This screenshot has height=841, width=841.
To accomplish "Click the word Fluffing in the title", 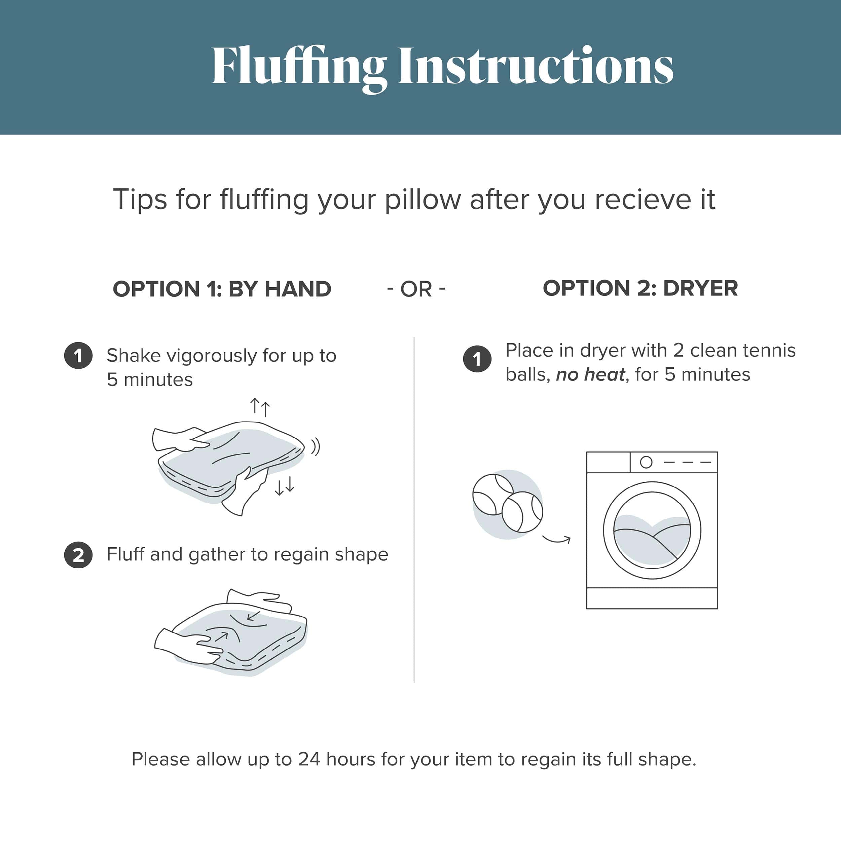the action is [x=299, y=68].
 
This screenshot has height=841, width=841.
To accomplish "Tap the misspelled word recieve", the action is [x=643, y=200].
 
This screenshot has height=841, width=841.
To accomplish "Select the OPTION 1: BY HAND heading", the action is [x=222, y=289].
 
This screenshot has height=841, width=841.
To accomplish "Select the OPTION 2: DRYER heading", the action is [x=640, y=288].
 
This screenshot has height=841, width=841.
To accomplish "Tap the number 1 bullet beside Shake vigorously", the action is [x=78, y=355].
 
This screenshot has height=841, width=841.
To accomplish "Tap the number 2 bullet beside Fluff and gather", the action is [x=78, y=555].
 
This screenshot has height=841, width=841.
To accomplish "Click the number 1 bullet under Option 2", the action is [x=477, y=359].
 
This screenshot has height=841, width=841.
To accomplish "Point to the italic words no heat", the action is [x=591, y=374].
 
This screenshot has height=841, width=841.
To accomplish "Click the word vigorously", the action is [x=212, y=356].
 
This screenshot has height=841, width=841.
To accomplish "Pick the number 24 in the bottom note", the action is [x=309, y=760].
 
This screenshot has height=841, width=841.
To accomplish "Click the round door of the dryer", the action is [x=652, y=530].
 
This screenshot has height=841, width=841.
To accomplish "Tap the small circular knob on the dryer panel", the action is [x=646, y=462].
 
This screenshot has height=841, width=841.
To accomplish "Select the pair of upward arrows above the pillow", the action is [x=260, y=407].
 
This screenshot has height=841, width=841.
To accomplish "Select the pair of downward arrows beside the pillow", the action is [x=285, y=485].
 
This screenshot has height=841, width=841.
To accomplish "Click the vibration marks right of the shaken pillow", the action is [x=316, y=447].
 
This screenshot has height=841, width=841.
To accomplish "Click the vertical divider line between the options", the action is [x=414, y=510].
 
